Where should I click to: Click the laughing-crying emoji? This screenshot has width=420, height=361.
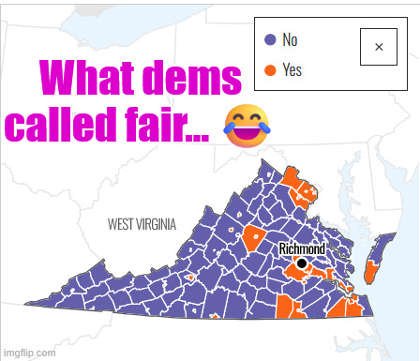pos(243,126)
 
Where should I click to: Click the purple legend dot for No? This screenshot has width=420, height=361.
pos(269,40)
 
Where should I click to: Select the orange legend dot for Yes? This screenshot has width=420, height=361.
pos(269,68)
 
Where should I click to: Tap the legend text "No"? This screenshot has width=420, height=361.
pos(290,40)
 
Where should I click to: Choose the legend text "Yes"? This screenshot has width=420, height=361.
pos(292,68)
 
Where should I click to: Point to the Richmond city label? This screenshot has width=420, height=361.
pos(302,248)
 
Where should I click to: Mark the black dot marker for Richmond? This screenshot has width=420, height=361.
pos(301,264)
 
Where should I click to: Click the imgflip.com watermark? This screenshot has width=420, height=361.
pos(29,353)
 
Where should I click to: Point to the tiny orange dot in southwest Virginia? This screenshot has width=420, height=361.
pos(190,278)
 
